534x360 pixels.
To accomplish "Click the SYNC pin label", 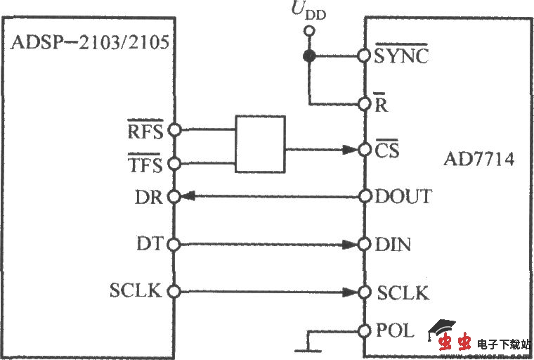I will tap(400, 56).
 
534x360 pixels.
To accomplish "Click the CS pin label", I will tap(386, 150).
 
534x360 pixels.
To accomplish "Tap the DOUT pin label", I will tap(404, 198).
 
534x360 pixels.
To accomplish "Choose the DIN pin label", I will tap(393, 245).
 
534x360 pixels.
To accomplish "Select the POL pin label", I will tap(396, 330).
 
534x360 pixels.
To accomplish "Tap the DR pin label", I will tap(150, 198).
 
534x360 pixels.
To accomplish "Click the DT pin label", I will tap(150, 244).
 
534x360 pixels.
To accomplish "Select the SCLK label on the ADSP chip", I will tap(135, 290).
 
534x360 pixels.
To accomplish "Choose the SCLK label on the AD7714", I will tap(403, 293).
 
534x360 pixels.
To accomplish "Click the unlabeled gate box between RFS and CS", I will tap(260, 145).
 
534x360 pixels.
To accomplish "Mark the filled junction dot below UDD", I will tap(308, 56).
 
